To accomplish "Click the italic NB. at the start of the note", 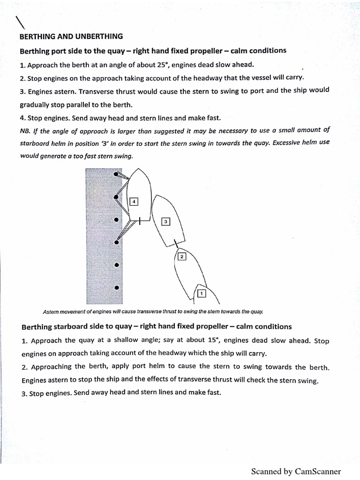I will pyautogui.click(x=25, y=130).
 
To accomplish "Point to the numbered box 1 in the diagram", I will pyautogui.click(x=202, y=294).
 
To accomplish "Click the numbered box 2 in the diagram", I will pyautogui.click(x=182, y=256).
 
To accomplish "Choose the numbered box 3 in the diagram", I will pyautogui.click(x=165, y=221).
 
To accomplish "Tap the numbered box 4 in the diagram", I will pyautogui.click(x=134, y=202).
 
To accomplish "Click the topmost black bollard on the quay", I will pyautogui.click(x=116, y=174).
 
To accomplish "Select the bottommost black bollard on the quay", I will pyautogui.click(x=117, y=287).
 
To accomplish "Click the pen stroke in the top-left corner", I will pyautogui.click(x=20, y=22).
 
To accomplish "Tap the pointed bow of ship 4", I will pyautogui.click(x=139, y=170).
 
